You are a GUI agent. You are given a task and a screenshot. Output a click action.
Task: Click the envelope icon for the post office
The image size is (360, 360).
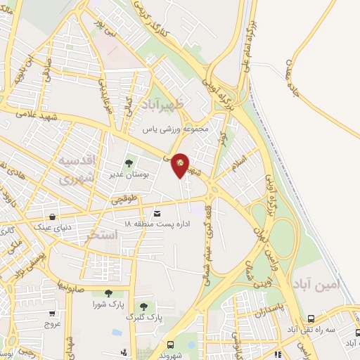click(156, 212)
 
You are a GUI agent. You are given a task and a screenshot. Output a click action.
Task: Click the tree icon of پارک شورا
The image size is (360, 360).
click(108, 293)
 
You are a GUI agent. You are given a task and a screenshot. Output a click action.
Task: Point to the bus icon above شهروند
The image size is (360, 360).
click(171, 345)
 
